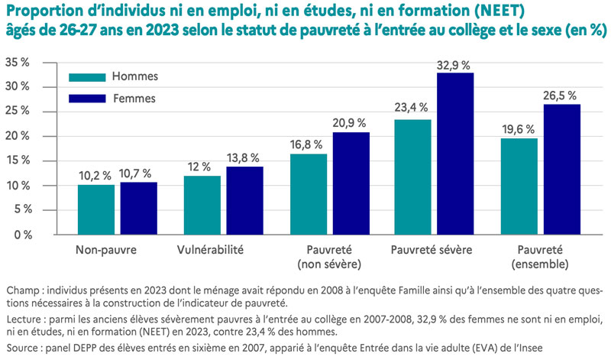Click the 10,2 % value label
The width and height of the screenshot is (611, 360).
click(95, 175)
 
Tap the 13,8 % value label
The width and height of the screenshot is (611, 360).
click(245, 157)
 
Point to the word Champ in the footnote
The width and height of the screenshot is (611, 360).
click(21, 292)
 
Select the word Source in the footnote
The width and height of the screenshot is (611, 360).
click(23, 349)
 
